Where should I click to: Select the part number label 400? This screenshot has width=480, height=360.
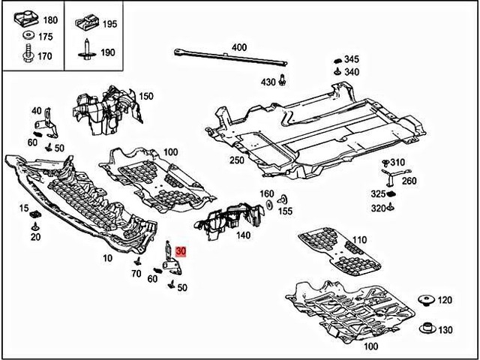click(x=238, y=47)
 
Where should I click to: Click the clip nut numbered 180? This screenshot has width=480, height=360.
click(x=25, y=19)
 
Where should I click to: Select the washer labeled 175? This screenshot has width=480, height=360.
click(x=26, y=36)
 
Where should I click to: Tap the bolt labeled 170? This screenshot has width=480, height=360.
click(x=26, y=55)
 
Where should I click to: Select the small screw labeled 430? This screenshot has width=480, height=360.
click(x=282, y=79)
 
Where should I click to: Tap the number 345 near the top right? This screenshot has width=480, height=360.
click(x=351, y=58)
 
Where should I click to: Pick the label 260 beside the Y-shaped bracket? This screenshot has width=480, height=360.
click(x=409, y=180)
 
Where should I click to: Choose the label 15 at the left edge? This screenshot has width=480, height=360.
click(x=23, y=208)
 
